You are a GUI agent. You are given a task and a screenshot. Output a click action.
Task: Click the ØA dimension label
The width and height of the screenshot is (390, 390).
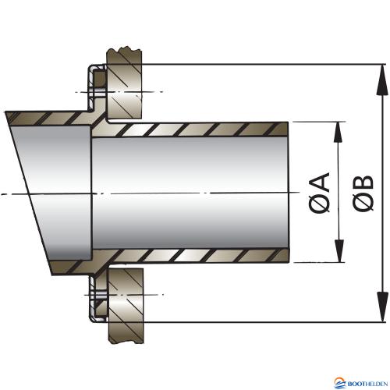point(319,192)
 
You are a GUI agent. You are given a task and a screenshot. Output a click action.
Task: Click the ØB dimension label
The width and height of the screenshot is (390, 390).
point(363,193)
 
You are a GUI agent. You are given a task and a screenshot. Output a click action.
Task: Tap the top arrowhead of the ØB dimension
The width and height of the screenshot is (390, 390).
point(381,80)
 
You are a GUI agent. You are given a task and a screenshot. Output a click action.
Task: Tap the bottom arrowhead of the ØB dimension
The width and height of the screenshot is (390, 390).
point(381,307)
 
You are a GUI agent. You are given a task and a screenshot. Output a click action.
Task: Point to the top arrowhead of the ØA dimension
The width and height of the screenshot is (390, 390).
point(338,133)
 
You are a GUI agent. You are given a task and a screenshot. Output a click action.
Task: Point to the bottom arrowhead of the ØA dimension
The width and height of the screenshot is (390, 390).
point(339,251)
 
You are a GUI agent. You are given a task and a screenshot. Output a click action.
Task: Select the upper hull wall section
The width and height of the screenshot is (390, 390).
point(124,83)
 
